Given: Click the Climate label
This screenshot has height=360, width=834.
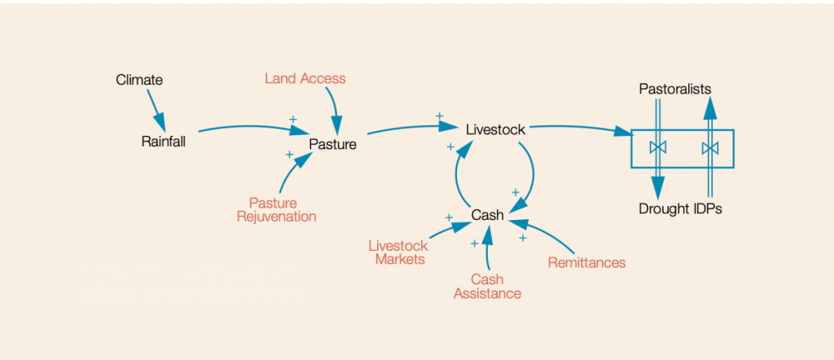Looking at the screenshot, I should (x=139, y=80).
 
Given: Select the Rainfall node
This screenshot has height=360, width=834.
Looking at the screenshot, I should (x=164, y=142).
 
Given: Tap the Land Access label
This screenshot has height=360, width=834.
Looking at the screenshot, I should (x=305, y=78).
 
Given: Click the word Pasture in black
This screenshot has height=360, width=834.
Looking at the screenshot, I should (x=332, y=144).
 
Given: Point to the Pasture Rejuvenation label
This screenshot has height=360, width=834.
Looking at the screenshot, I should (x=276, y=209).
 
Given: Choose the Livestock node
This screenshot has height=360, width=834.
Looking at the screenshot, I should (x=495, y=129).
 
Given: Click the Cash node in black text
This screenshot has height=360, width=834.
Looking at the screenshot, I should (x=488, y=215).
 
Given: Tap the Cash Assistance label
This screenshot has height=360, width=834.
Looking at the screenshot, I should (x=487, y=286).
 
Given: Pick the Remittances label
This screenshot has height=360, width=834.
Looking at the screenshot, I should (x=586, y=262).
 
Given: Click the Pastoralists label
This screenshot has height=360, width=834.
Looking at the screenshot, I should (x=675, y=88).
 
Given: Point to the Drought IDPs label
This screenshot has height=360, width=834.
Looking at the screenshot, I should (x=680, y=209).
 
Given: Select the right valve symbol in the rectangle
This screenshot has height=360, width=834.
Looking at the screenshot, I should (x=710, y=148).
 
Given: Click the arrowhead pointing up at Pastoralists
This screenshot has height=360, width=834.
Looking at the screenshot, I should (x=710, y=103).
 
